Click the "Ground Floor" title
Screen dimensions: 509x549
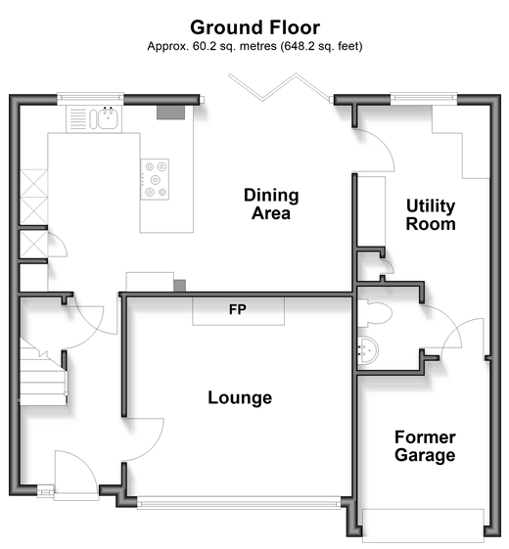pos(254,27)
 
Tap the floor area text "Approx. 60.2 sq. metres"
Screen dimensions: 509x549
pos(211,46)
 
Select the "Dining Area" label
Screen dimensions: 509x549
pos(271,205)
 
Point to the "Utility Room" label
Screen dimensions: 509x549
pos(431,214)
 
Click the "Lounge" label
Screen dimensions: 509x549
pos(240,397)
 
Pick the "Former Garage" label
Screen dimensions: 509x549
pos(425,446)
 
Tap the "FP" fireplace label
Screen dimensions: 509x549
pos(238,309)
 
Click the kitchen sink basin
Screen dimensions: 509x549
pos(108,118)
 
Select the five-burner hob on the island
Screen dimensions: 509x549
pos(155,179)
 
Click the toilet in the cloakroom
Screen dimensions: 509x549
pos(374,313)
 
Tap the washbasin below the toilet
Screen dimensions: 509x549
pos(367,350)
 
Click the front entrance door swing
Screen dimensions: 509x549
pos(75,472)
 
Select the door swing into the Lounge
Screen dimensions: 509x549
pos(144,439)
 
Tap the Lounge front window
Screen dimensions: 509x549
pos(239,504)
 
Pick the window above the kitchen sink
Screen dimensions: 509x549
pos(90,99)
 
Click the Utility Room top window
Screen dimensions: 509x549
pos(424,99)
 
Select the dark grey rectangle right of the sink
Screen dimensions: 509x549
pos(170,113)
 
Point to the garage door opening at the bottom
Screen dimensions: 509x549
pos(423,523)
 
